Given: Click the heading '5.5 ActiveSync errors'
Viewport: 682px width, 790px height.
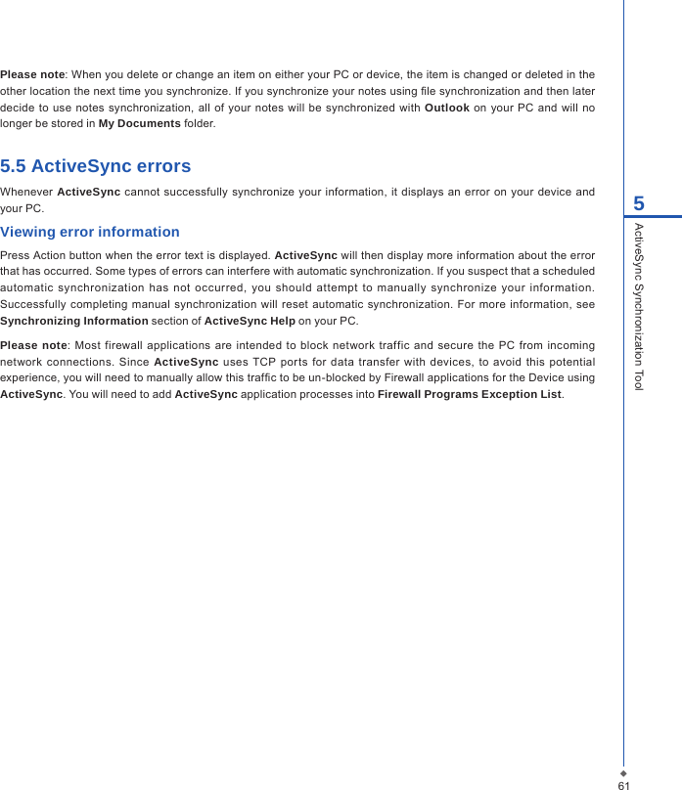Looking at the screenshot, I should point(96,166).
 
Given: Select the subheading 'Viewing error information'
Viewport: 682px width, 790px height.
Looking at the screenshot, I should point(90,233).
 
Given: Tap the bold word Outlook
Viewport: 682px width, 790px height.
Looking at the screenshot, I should point(446,108).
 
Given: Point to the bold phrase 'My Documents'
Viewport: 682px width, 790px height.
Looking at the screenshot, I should point(139,124).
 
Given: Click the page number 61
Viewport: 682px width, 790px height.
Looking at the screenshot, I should point(623,784).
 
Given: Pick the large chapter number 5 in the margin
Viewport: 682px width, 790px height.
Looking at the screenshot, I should point(639,204).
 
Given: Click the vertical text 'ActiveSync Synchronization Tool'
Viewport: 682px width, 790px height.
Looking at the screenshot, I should point(639,306).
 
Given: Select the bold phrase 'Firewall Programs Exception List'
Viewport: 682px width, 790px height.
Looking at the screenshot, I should point(470,394).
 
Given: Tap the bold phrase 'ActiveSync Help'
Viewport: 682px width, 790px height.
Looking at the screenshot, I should point(250,321).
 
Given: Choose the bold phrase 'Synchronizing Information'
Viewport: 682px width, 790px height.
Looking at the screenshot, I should point(74,321).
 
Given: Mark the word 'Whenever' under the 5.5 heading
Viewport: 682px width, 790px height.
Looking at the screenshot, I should point(26,191).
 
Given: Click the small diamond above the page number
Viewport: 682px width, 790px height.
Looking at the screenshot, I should point(623,771).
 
